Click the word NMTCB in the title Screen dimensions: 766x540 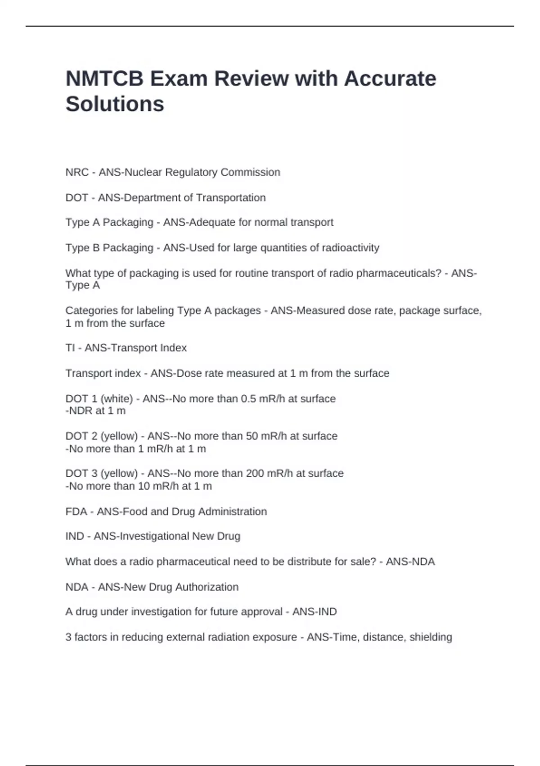pos(104,79)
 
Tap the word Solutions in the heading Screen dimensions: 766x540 pos(115,104)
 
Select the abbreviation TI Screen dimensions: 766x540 pos(70,348)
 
